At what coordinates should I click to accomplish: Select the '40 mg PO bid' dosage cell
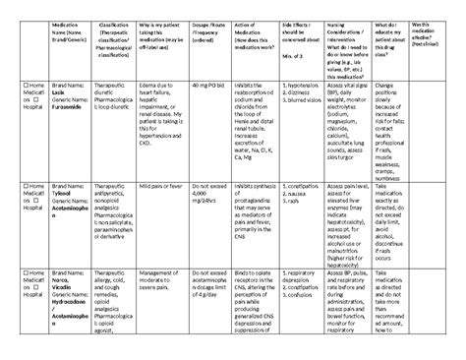[242, 116]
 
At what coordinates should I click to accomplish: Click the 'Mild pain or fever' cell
[190, 183]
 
